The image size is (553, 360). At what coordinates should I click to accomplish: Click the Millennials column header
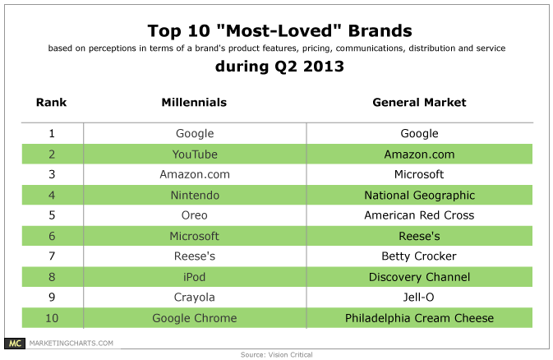tap(194, 103)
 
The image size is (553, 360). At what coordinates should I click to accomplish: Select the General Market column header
tap(419, 103)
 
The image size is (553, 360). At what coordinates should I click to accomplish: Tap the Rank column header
tap(51, 103)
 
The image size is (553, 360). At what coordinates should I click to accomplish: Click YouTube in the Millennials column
tap(195, 155)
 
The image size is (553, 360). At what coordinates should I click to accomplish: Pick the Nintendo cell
tap(195, 195)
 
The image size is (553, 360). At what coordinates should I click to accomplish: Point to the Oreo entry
tap(194, 215)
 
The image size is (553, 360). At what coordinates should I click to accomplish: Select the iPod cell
tap(194, 277)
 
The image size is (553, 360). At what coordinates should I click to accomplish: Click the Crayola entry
tap(194, 298)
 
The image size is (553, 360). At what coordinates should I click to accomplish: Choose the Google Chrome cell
tap(194, 318)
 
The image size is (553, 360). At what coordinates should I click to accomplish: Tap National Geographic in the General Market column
tap(419, 196)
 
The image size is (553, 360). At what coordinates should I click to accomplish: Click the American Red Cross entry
tap(419, 215)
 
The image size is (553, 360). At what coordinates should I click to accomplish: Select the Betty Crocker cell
tap(419, 256)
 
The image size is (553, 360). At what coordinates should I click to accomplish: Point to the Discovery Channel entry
tap(419, 278)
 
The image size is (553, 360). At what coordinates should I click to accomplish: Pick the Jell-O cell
tap(418, 298)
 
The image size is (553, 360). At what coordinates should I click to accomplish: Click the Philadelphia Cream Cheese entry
tap(419, 318)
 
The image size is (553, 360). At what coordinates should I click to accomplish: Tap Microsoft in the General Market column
tap(419, 174)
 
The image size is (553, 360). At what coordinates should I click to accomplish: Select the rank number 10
tap(52, 318)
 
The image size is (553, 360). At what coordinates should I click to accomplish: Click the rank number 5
tap(52, 215)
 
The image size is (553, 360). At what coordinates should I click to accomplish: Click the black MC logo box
tap(15, 343)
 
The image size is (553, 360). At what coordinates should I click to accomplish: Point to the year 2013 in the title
tap(324, 67)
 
